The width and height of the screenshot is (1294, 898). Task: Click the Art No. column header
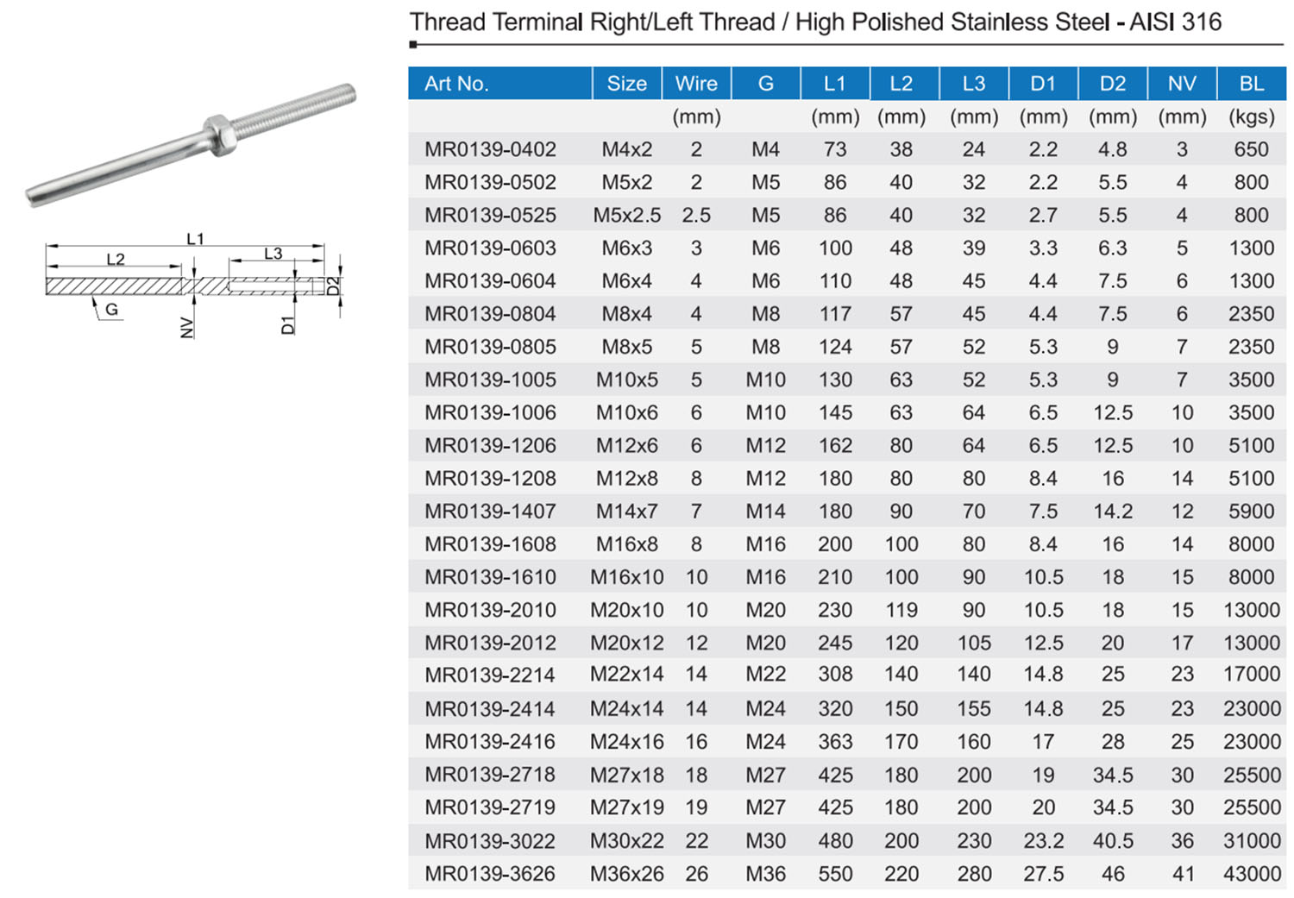(x=456, y=84)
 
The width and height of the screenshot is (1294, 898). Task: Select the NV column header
(x=1181, y=84)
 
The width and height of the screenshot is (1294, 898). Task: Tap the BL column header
(x=1251, y=84)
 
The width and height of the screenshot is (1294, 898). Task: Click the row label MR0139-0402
(x=490, y=149)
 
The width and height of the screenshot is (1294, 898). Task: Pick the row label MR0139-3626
(x=490, y=874)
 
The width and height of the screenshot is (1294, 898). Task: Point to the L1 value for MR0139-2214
(x=835, y=675)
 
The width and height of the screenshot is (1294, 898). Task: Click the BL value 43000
(x=1251, y=874)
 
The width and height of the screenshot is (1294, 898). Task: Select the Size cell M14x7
(x=626, y=512)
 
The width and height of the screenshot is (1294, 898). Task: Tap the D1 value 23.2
(x=1043, y=841)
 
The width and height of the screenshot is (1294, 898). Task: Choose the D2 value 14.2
(x=1112, y=512)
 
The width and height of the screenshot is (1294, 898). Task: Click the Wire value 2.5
(x=696, y=215)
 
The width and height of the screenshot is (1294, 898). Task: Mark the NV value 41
(x=1182, y=874)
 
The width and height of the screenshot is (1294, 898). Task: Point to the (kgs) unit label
(x=1251, y=116)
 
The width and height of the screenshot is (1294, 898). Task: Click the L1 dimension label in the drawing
(x=195, y=239)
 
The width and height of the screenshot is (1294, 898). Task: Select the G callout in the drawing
(x=111, y=310)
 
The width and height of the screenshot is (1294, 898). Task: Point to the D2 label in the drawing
(x=334, y=286)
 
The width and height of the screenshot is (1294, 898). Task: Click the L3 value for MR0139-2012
(x=973, y=643)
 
